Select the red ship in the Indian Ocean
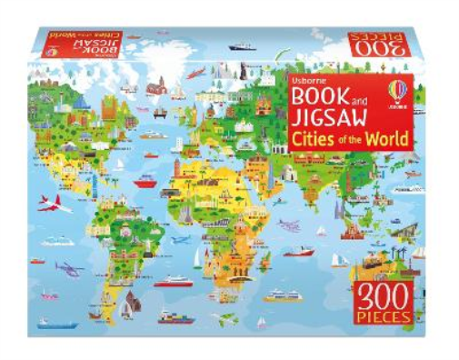point(299,252)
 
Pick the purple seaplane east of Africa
point(289,225)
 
